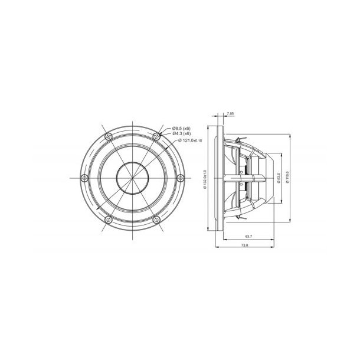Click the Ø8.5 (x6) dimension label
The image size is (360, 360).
tap(181, 129)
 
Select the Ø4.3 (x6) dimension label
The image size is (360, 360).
tap(181, 135)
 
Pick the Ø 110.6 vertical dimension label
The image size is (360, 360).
tap(287, 178)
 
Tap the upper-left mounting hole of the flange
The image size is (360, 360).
tap(109, 136)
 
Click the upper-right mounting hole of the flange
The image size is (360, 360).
tap(157, 136)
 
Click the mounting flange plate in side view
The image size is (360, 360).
tap(221, 178)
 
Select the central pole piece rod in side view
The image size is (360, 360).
tap(248, 178)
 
